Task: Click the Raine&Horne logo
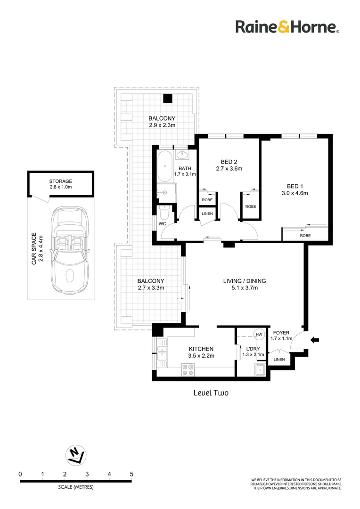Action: click(x=287, y=27)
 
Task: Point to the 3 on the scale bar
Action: click(x=87, y=474)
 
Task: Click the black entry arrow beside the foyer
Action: click(x=315, y=340)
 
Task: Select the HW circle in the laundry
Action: click(x=259, y=335)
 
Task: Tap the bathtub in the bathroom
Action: click(x=165, y=166)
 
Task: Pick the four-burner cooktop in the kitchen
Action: click(x=188, y=369)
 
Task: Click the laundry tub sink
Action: click(x=261, y=370)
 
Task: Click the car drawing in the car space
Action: click(x=70, y=250)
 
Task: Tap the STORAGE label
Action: click(x=61, y=181)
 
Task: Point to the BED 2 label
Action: click(x=229, y=162)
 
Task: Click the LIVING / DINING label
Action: click(x=245, y=281)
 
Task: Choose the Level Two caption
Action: click(x=211, y=393)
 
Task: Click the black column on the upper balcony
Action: click(x=167, y=99)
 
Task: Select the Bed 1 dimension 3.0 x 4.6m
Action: click(x=295, y=193)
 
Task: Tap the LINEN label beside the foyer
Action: click(x=279, y=359)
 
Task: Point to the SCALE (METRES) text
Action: click(x=76, y=487)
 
